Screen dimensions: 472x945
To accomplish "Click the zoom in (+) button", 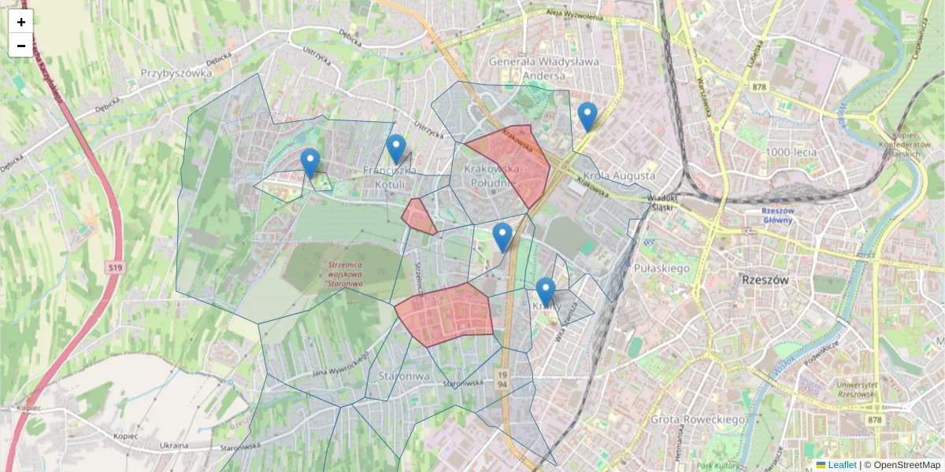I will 21,22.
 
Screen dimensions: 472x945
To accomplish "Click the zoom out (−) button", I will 21,46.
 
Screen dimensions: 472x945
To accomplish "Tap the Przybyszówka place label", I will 176,73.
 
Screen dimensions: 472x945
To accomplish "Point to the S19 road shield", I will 115,268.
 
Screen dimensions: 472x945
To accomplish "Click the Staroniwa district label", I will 402,375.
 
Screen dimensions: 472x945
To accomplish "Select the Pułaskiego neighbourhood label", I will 661,268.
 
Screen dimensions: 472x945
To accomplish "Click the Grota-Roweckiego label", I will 698,419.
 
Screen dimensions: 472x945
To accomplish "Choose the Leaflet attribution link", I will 841,465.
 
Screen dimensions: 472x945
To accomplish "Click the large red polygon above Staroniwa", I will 446,314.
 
